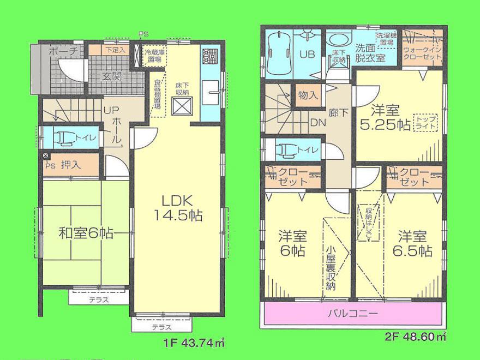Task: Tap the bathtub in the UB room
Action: coord(278,50)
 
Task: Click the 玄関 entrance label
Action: coord(112,76)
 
